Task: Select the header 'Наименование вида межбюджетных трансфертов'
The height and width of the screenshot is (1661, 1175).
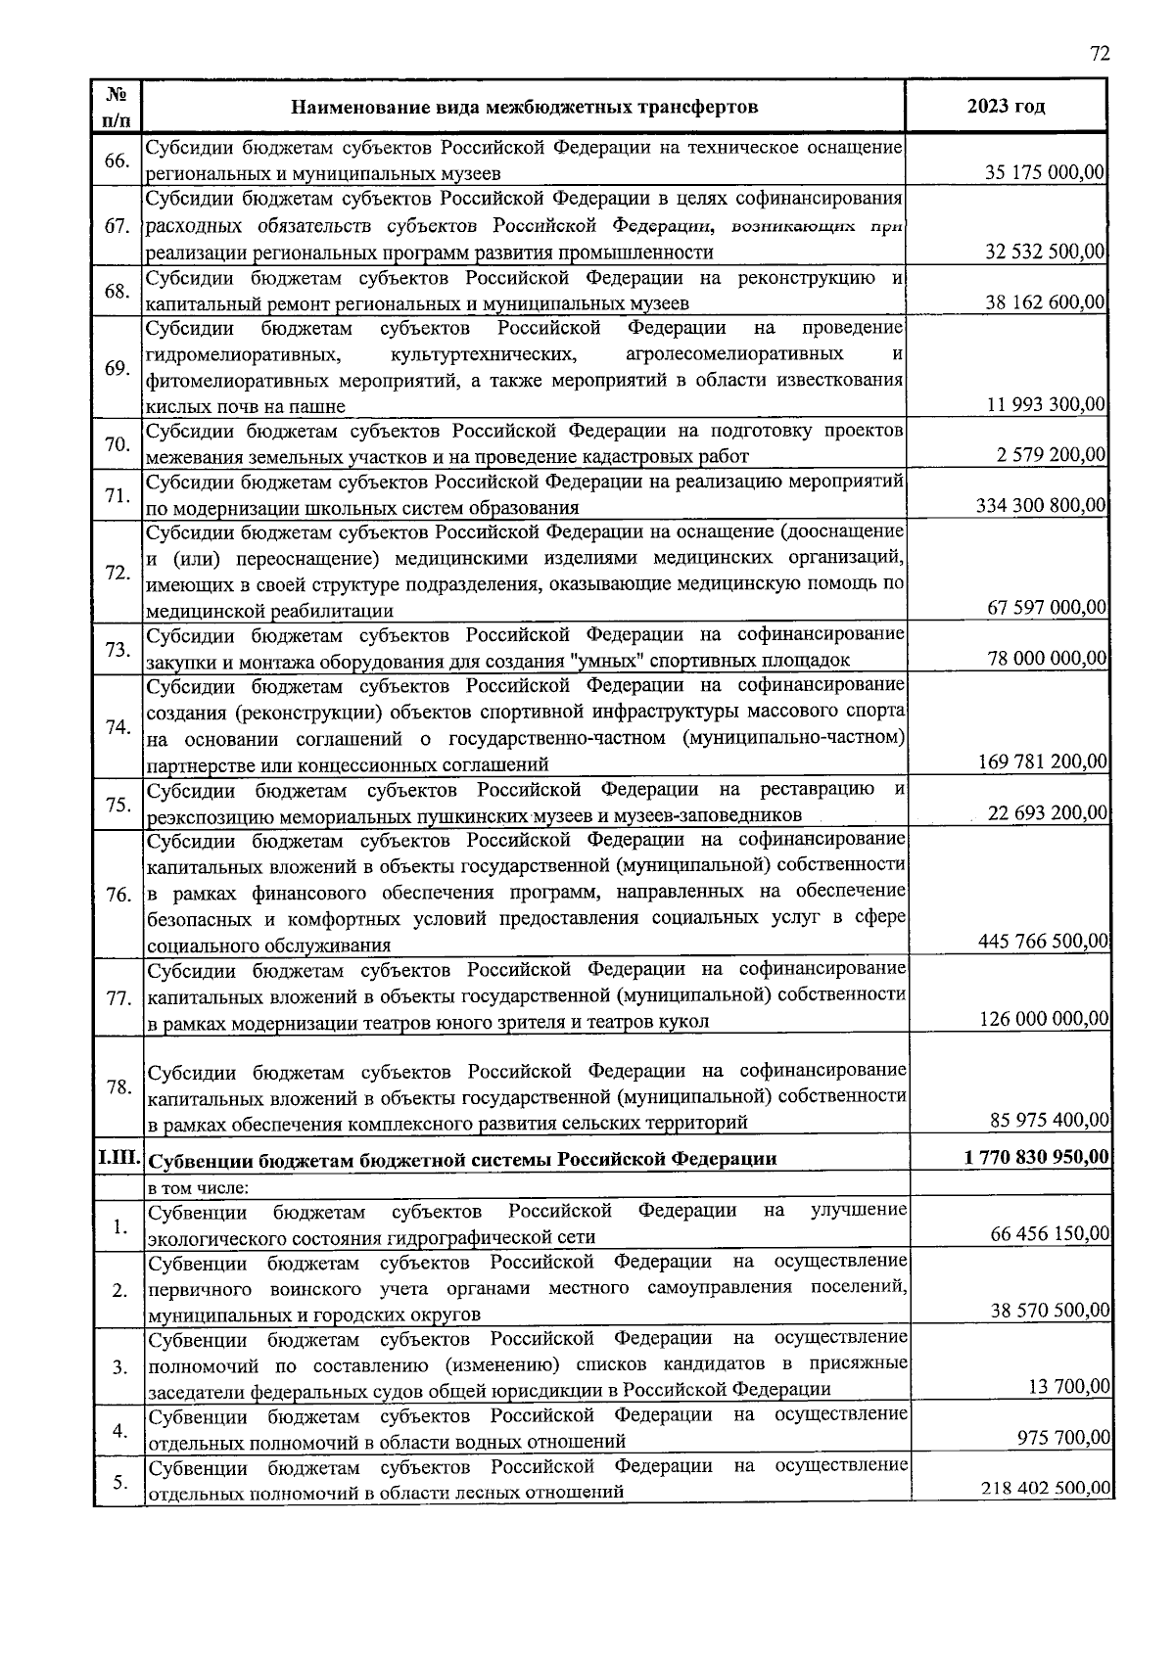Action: [524, 106]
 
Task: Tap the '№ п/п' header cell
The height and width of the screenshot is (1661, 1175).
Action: [117, 106]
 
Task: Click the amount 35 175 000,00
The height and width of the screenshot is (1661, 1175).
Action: [1045, 173]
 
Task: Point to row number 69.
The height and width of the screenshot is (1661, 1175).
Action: [117, 368]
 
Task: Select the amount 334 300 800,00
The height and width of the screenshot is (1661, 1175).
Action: [1041, 506]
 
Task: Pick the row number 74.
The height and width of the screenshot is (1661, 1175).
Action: [117, 726]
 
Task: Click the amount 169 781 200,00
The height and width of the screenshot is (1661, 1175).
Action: [1043, 761]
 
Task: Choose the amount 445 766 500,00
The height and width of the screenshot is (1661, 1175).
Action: [1043, 942]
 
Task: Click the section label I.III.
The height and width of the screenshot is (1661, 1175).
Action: [118, 1157]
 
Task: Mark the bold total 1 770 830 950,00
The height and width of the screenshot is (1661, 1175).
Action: [1037, 1157]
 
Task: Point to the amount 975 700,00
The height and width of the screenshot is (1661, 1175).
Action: [1063, 1437]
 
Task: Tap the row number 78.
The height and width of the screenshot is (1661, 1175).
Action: [118, 1086]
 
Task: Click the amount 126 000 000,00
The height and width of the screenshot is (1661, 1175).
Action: [1044, 1019]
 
